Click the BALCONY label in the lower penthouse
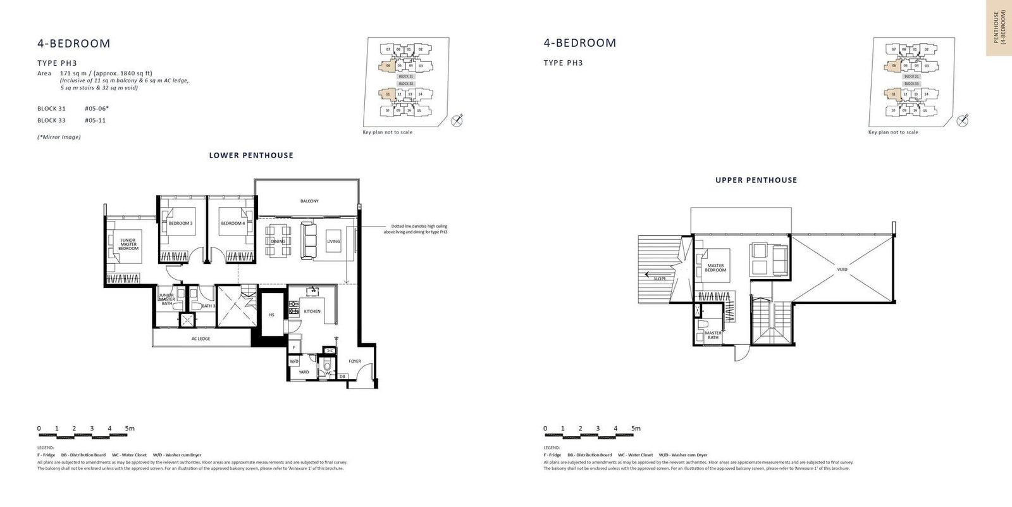(x=309, y=201)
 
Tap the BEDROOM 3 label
(x=180, y=223)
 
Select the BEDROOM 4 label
(x=232, y=223)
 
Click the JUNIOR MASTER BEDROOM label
(x=128, y=244)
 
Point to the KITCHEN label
(x=312, y=311)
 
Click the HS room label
(x=271, y=315)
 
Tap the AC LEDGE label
(x=201, y=339)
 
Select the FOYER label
(x=354, y=361)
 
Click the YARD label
(x=304, y=372)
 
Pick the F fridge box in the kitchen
(x=294, y=347)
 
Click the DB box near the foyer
(x=342, y=377)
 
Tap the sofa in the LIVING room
(x=309, y=241)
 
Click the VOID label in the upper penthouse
(x=842, y=270)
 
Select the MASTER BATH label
(x=713, y=335)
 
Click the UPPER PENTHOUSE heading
(x=756, y=180)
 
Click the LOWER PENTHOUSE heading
(x=251, y=155)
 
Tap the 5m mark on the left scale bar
(x=130, y=429)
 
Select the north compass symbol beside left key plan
(x=457, y=120)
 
